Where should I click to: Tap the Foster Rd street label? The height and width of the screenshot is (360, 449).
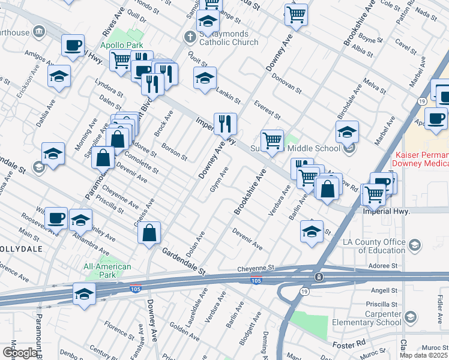(x=349, y=344)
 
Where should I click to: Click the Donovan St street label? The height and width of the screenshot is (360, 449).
(x=286, y=85)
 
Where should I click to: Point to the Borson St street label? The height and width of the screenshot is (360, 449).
(x=175, y=151)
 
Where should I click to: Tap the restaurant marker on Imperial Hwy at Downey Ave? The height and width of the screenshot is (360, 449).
(x=225, y=124)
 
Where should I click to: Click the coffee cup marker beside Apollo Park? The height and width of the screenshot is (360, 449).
(x=73, y=46)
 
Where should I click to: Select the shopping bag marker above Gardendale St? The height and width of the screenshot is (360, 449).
(x=149, y=232)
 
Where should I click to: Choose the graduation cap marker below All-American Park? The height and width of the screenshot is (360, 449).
(x=84, y=295)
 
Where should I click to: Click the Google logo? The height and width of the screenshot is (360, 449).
(x=19, y=353)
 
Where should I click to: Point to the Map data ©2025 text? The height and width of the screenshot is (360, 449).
(x=423, y=355)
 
